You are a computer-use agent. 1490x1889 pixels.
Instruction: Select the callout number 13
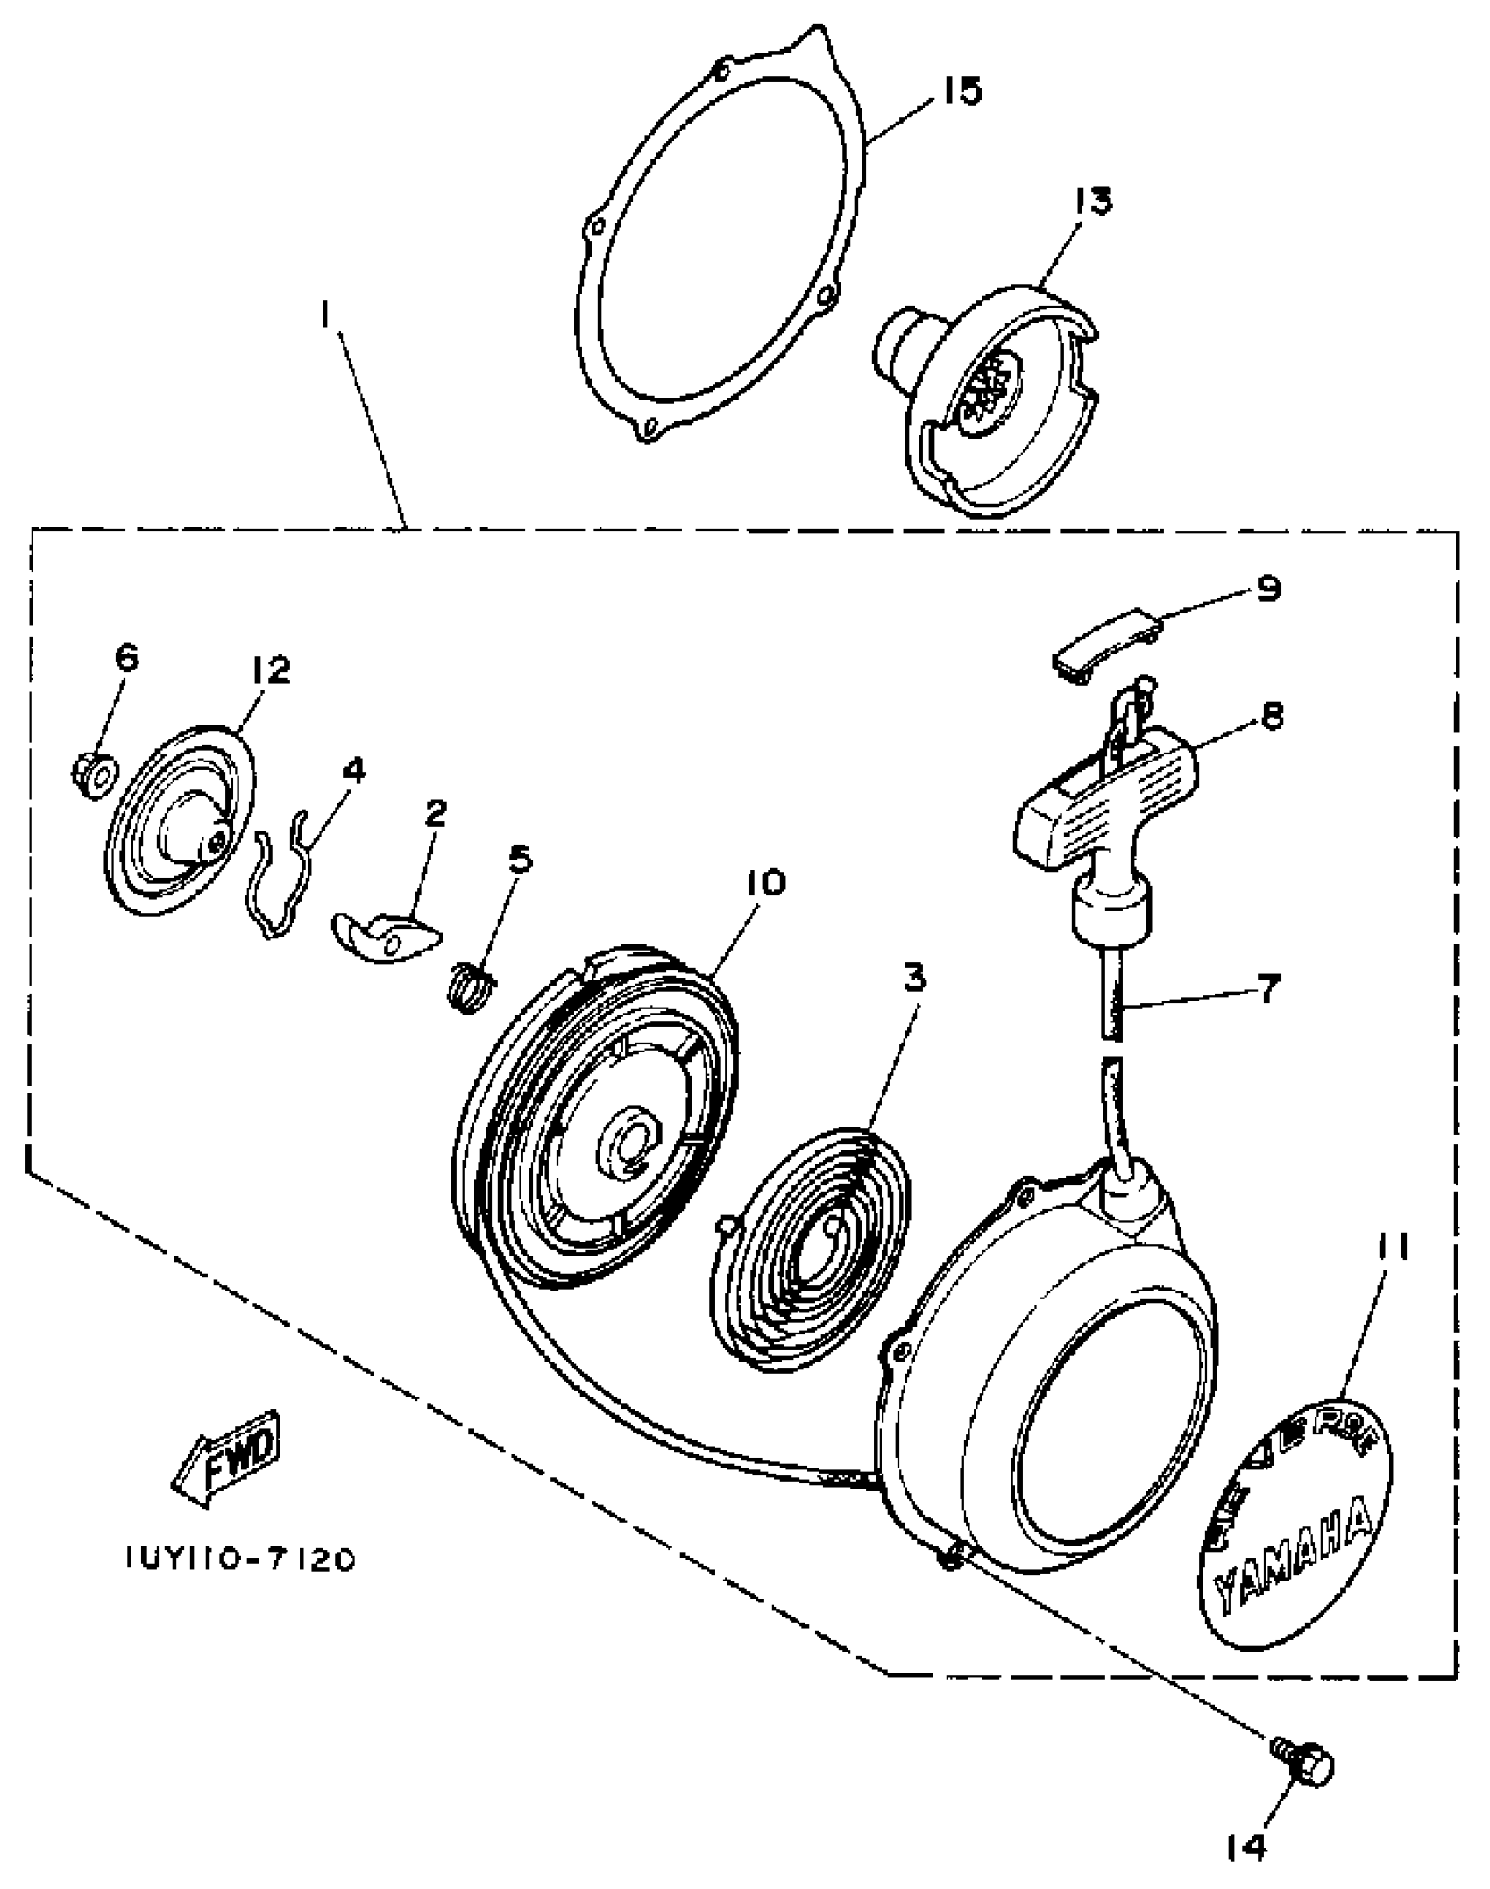[x=1089, y=201]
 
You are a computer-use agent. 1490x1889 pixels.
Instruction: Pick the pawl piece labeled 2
[x=386, y=936]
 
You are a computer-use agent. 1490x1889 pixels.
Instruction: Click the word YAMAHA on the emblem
[x=1292, y=1566]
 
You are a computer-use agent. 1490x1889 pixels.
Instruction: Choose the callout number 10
[x=767, y=882]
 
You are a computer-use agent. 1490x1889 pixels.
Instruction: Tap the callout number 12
[x=269, y=671]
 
